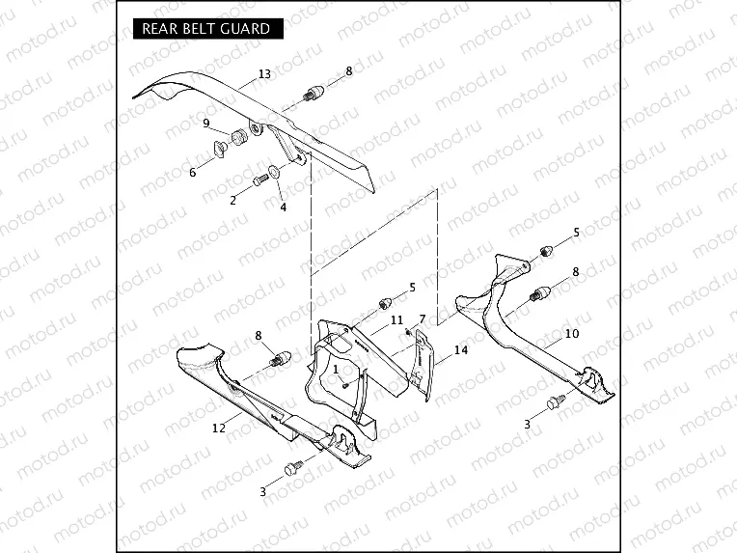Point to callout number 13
(264, 74)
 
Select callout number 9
(205, 123)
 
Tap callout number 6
(193, 172)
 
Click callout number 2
(232, 200)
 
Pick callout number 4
(283, 207)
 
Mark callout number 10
(572, 333)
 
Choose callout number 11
(396, 318)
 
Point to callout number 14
(461, 350)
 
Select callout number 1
(335, 368)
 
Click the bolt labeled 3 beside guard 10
(555, 401)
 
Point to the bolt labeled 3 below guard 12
(290, 468)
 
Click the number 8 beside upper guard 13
(348, 70)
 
